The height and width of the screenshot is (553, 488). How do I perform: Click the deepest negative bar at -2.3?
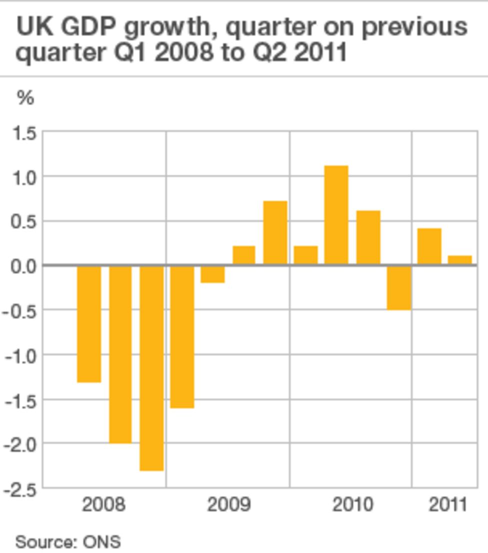pos(151,368)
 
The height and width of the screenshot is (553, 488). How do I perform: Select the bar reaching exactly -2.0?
pos(120,354)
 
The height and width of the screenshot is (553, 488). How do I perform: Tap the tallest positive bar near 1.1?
pos(336,215)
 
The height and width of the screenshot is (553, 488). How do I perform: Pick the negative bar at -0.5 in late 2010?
pos(399,288)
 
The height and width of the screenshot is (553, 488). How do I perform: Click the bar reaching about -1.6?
pos(182,337)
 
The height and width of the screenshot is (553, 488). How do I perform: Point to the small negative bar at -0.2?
pos(212,274)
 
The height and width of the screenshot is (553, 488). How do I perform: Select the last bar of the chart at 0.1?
pos(459,260)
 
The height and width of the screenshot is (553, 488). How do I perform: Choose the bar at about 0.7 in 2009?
pos(275,232)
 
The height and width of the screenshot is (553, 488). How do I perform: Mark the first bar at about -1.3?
pos(89,324)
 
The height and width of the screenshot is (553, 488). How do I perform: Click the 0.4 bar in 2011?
pos(429,246)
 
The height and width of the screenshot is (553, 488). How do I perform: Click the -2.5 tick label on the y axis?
pos(20,490)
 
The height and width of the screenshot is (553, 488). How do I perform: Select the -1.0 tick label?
pos(20,356)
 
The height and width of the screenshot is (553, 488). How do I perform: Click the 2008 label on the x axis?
pos(103,504)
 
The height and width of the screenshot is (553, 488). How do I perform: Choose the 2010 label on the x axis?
pos(352,504)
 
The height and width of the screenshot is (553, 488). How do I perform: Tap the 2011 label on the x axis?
pos(448,504)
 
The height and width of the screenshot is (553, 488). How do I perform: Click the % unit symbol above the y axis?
pos(25,98)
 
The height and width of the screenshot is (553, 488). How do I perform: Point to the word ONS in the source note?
pos(101,542)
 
